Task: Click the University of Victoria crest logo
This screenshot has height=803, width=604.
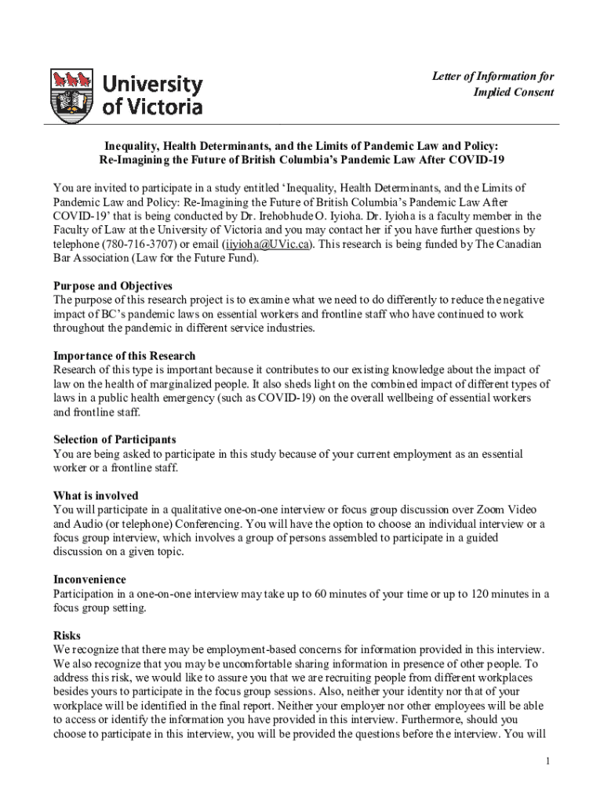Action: [71, 95]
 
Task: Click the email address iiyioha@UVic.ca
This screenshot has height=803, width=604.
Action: [268, 244]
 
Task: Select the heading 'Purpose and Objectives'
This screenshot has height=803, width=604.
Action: [112, 286]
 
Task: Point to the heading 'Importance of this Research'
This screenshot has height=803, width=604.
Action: [124, 356]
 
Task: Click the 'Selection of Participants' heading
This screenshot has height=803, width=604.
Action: [115, 440]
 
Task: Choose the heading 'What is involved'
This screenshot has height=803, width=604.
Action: [96, 496]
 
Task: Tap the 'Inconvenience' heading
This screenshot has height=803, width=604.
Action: [89, 580]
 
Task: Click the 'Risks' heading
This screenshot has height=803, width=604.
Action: [67, 635]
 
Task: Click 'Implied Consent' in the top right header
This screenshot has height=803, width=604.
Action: [514, 93]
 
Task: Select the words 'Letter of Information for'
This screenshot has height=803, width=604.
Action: [493, 76]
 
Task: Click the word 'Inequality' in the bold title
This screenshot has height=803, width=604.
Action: [135, 146]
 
